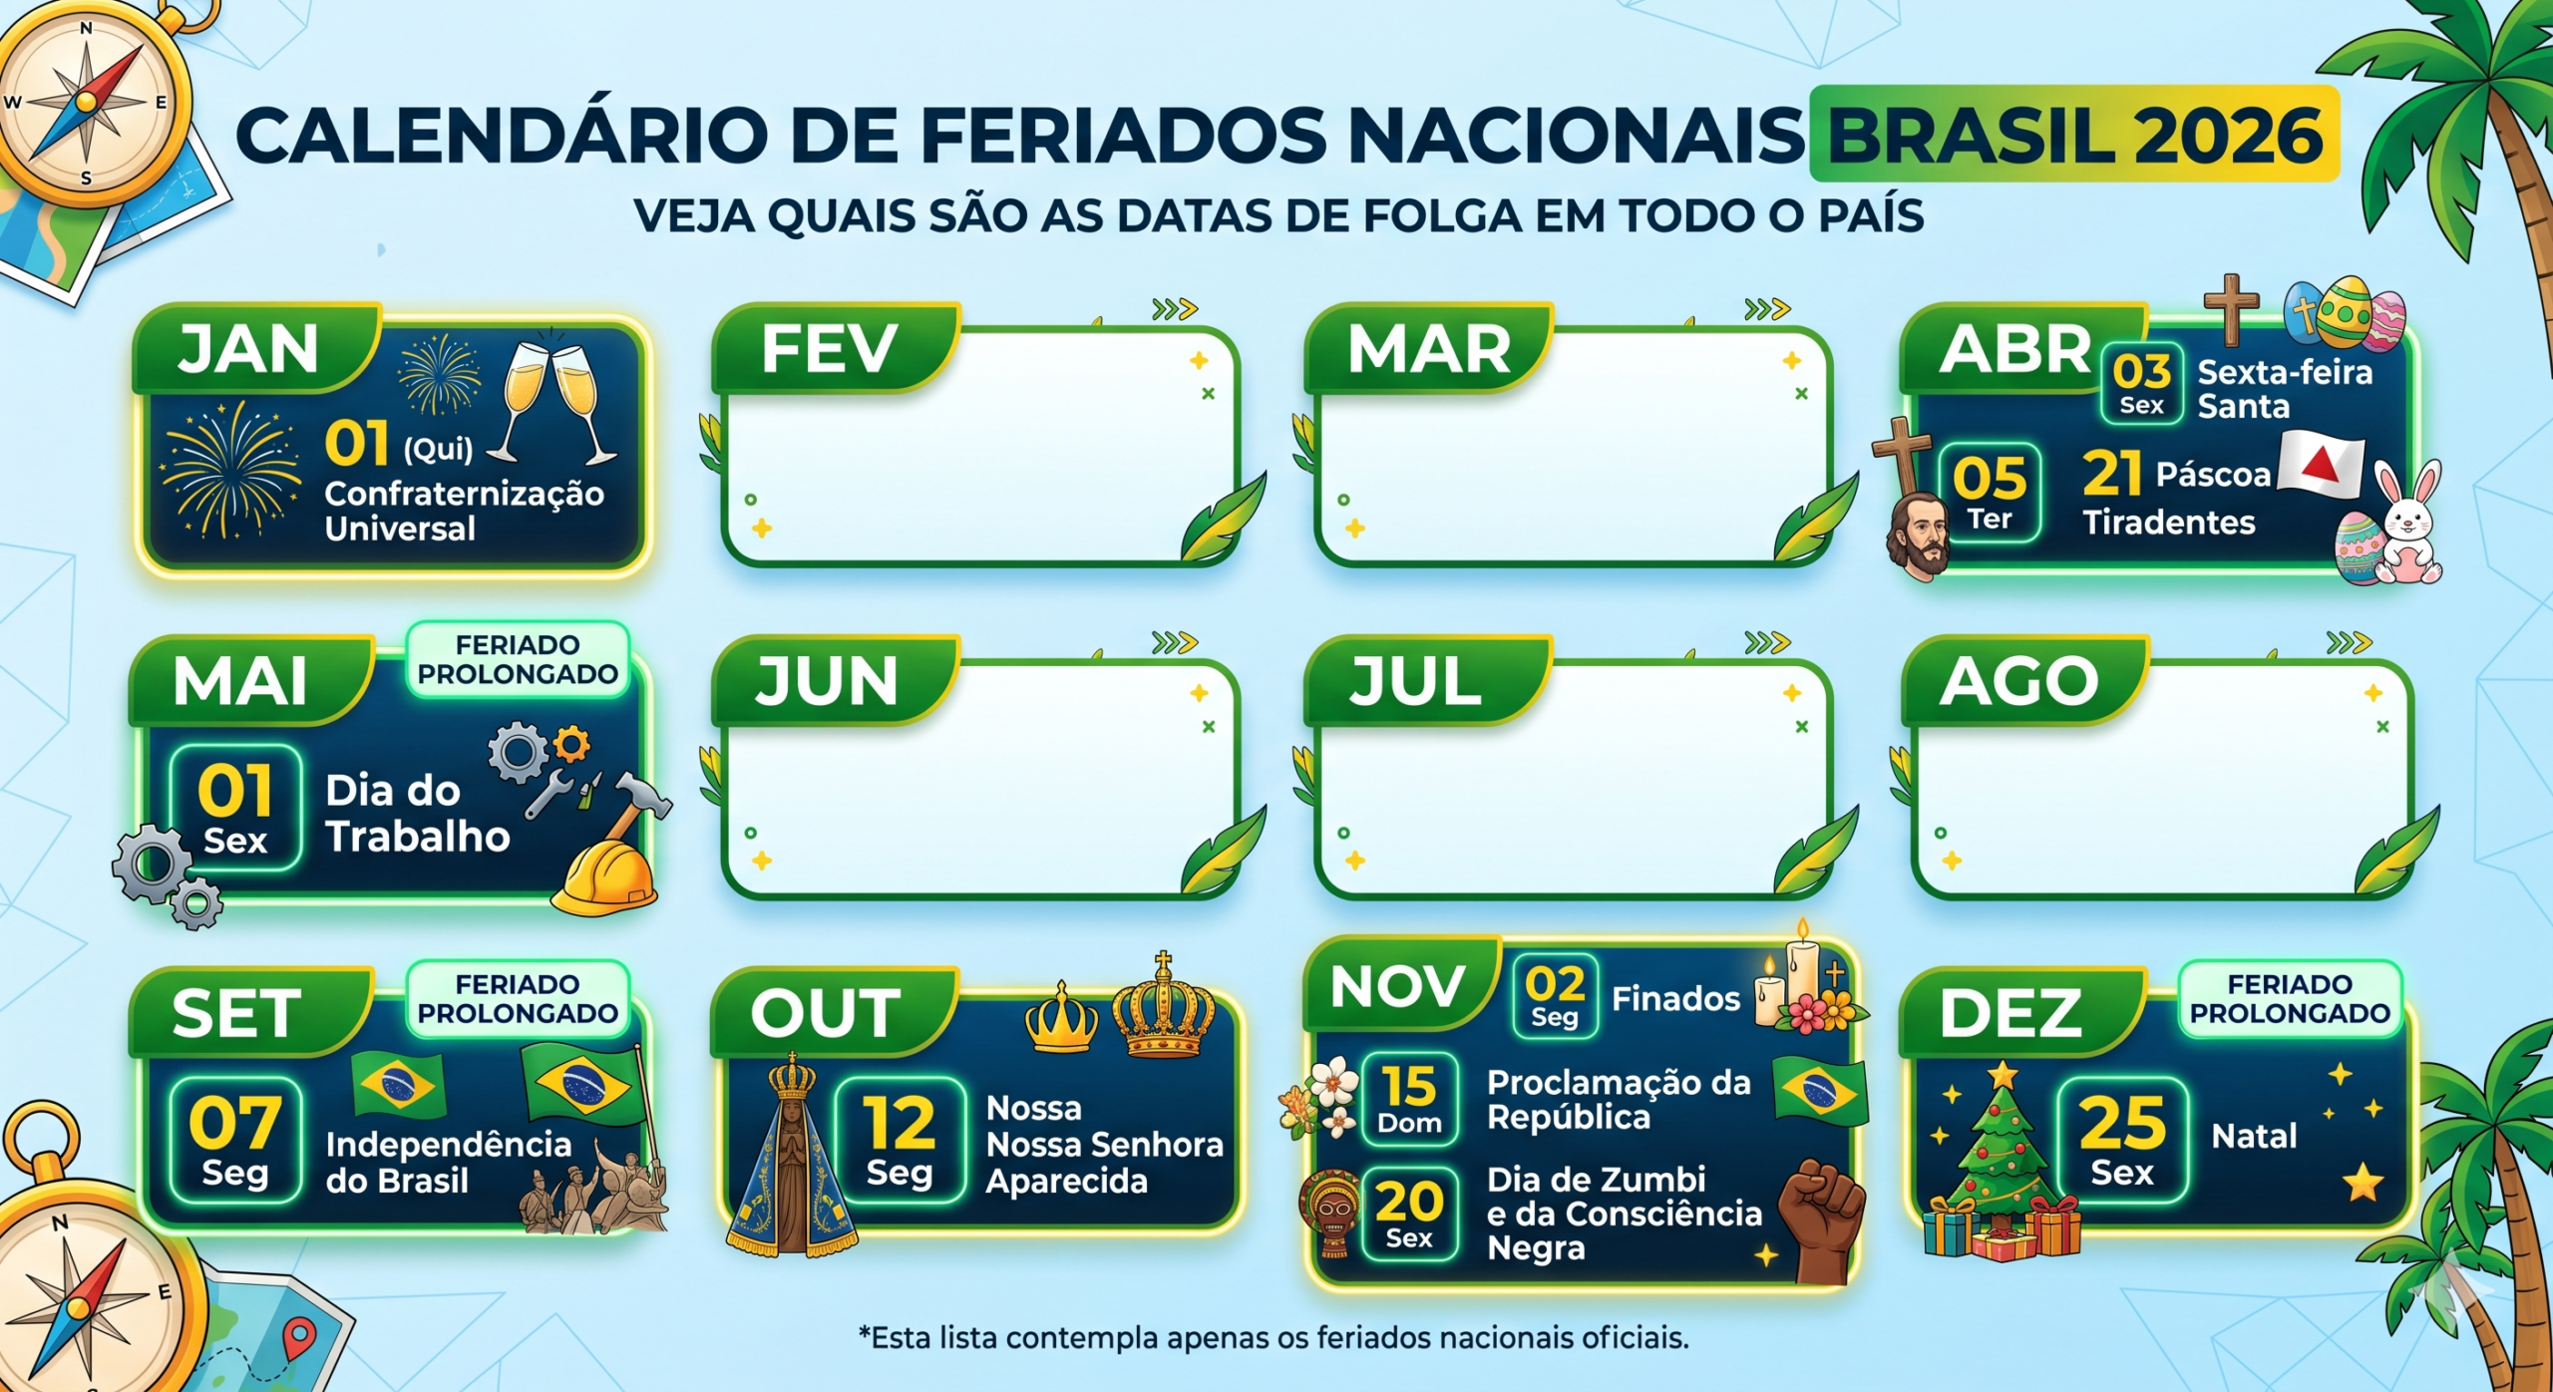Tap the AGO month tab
[2018, 682]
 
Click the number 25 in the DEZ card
[2122, 1123]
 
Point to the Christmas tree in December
[2000, 1157]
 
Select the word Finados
[1675, 998]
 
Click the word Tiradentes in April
[2168, 522]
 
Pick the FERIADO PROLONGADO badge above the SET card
[518, 998]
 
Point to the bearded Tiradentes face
[1918, 534]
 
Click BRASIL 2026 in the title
[2074, 136]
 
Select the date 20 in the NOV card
[1408, 1203]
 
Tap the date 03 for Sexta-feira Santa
[2141, 372]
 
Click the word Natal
[2254, 1136]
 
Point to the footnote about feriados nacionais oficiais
[1275, 1337]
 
